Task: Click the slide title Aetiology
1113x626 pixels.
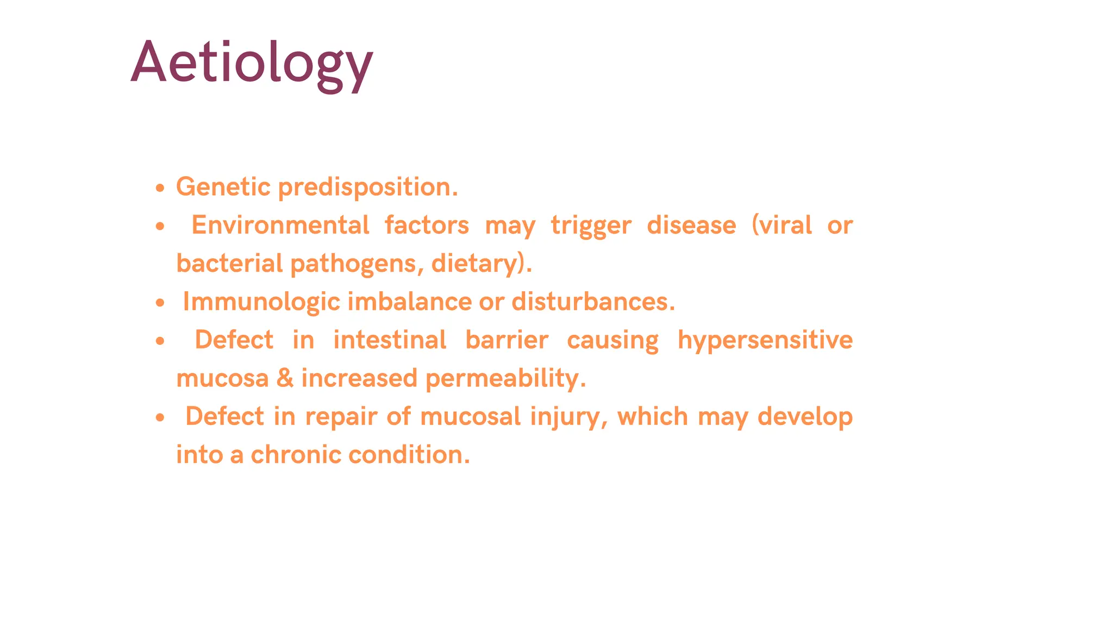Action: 252,62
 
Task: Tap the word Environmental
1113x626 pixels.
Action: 280,225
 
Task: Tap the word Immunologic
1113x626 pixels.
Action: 261,302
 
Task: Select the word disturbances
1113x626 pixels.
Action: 592,302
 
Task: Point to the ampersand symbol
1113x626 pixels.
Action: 285,378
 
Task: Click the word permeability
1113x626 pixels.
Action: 505,379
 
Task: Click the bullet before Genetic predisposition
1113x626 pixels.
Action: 159,188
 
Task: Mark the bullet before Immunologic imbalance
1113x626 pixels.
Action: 159,303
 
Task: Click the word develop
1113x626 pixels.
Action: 805,417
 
